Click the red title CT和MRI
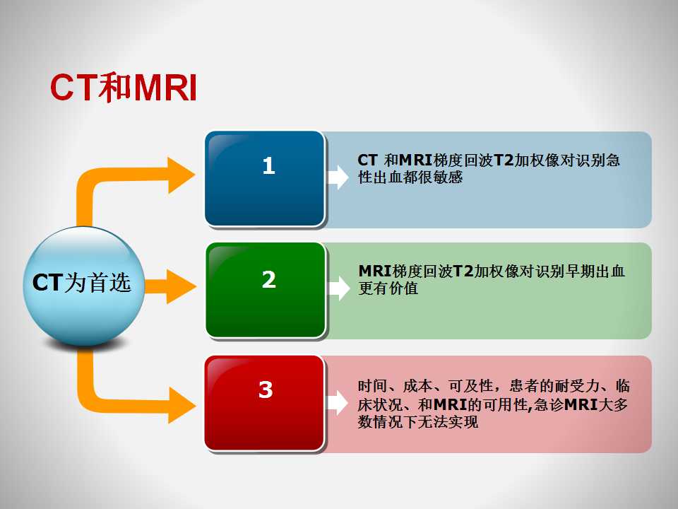tap(124, 88)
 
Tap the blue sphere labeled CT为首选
tap(83, 286)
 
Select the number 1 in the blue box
tap(268, 165)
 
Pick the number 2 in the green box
tap(268, 279)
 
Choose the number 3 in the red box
tap(266, 390)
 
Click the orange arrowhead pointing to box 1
tap(181, 175)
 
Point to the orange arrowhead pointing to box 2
tap(181, 286)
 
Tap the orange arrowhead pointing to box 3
tap(182, 405)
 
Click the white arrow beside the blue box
tap(338, 177)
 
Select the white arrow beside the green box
tap(338, 288)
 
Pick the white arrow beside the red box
tap(338, 403)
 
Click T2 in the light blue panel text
tap(504, 160)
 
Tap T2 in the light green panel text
tap(463, 271)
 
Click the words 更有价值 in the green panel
tap(388, 288)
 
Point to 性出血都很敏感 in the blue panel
tap(410, 177)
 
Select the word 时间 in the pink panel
tap(373, 386)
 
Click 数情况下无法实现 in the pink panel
tap(418, 421)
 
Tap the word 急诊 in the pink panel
tap(549, 404)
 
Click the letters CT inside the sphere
tap(47, 283)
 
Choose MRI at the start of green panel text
tap(375, 271)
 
